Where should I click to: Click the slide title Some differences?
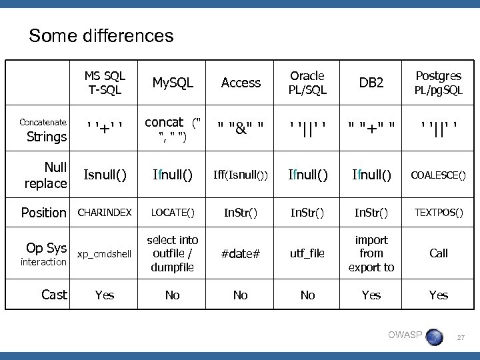[101, 35]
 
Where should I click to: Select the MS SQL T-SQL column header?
[105, 83]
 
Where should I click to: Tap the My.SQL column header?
[173, 83]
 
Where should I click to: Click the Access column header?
[241, 83]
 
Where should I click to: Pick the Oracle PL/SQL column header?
[307, 83]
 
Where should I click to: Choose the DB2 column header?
[371, 83]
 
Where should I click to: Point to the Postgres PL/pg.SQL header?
[438, 83]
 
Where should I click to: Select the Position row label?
[44, 213]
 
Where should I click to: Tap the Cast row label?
[54, 295]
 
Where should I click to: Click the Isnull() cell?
[105, 175]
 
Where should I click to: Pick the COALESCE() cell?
[438, 175]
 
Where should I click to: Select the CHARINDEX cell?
[105, 213]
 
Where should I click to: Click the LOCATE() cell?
[173, 213]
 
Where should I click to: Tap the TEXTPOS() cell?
[438, 213]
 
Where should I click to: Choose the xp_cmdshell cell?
[105, 254]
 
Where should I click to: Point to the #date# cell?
[241, 253]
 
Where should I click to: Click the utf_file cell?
[307, 253]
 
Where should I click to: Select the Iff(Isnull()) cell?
[241, 175]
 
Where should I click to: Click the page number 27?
[459, 339]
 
